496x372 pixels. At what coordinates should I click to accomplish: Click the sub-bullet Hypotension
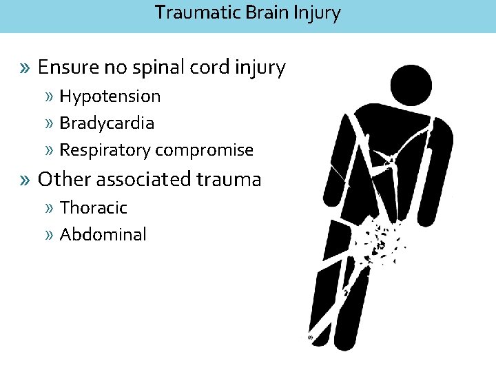[x=110, y=96]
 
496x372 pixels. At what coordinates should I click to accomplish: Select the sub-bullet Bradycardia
[x=107, y=123]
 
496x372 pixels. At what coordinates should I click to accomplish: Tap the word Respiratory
[x=105, y=150]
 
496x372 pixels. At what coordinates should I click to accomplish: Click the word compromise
[x=205, y=150]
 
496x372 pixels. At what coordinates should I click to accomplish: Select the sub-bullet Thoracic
[x=94, y=207]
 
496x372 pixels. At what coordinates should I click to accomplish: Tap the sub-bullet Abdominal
[x=103, y=234]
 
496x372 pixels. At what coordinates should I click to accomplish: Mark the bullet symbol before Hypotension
[x=50, y=97]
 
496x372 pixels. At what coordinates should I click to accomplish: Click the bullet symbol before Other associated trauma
[x=26, y=180]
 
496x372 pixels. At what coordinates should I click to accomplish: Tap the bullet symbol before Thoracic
[x=50, y=208]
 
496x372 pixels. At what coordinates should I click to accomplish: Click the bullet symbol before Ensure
[x=26, y=68]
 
